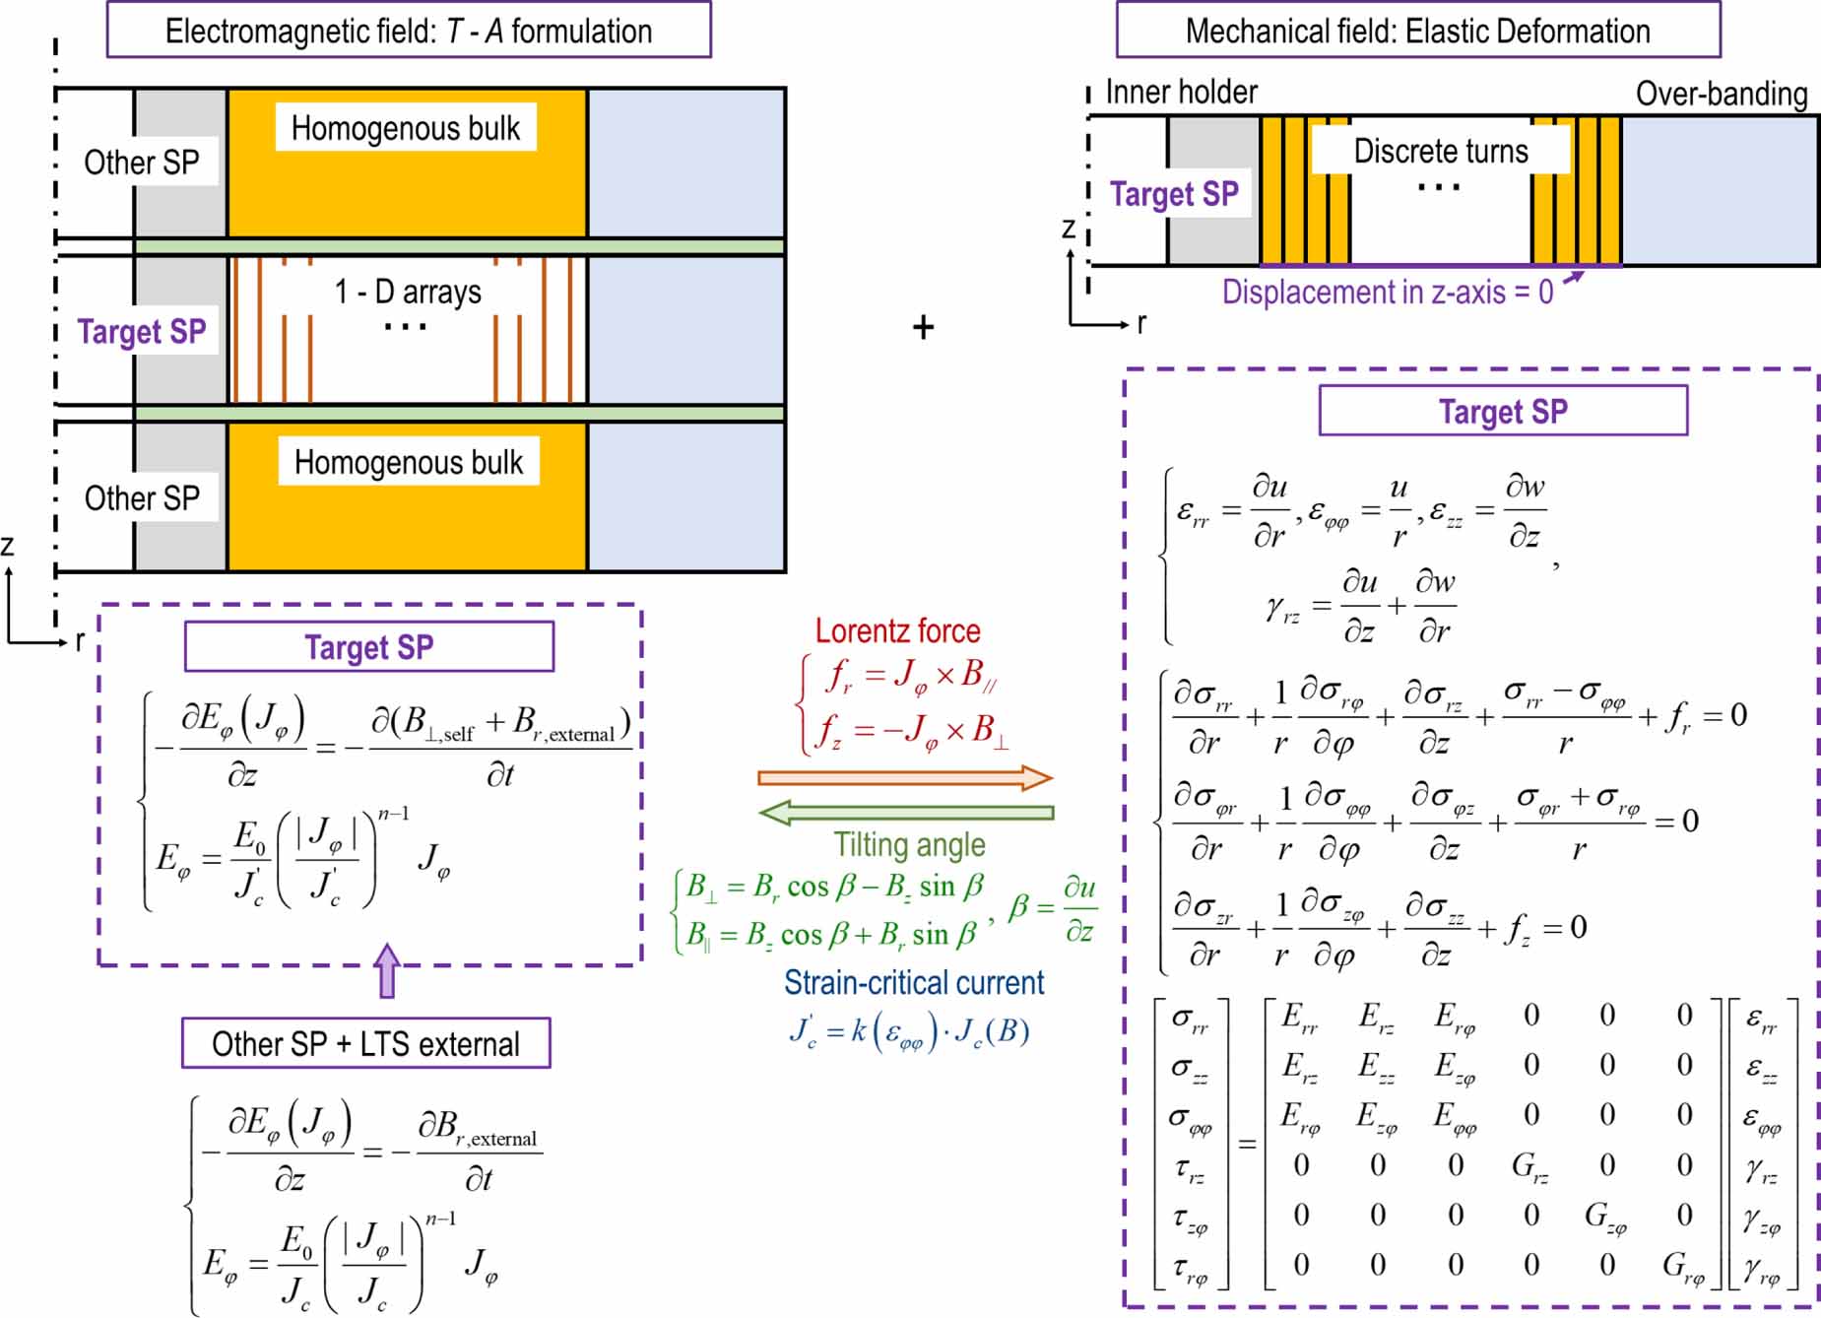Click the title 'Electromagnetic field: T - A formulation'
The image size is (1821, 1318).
point(408,31)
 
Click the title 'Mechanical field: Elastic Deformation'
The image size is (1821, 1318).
point(1417,31)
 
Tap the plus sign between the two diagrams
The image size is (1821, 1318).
point(923,327)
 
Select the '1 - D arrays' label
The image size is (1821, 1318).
point(408,292)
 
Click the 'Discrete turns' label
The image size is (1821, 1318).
point(1440,151)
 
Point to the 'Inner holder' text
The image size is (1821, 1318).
point(1181,92)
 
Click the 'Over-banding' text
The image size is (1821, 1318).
point(1721,94)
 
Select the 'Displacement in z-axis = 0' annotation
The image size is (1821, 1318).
point(1387,292)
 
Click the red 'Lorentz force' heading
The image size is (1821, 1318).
point(897,630)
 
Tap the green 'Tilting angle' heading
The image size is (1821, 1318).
point(909,844)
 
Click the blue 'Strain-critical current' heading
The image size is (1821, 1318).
point(913,982)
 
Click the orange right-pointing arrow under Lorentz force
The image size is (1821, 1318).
point(904,778)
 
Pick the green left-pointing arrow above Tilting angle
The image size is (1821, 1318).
point(904,813)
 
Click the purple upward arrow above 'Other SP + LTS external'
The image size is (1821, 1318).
point(387,971)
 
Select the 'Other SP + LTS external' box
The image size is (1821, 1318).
point(365,1043)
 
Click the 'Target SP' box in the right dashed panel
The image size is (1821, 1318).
point(1502,411)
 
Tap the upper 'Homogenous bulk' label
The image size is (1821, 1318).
point(405,128)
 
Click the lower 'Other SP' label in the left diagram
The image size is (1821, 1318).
point(142,498)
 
